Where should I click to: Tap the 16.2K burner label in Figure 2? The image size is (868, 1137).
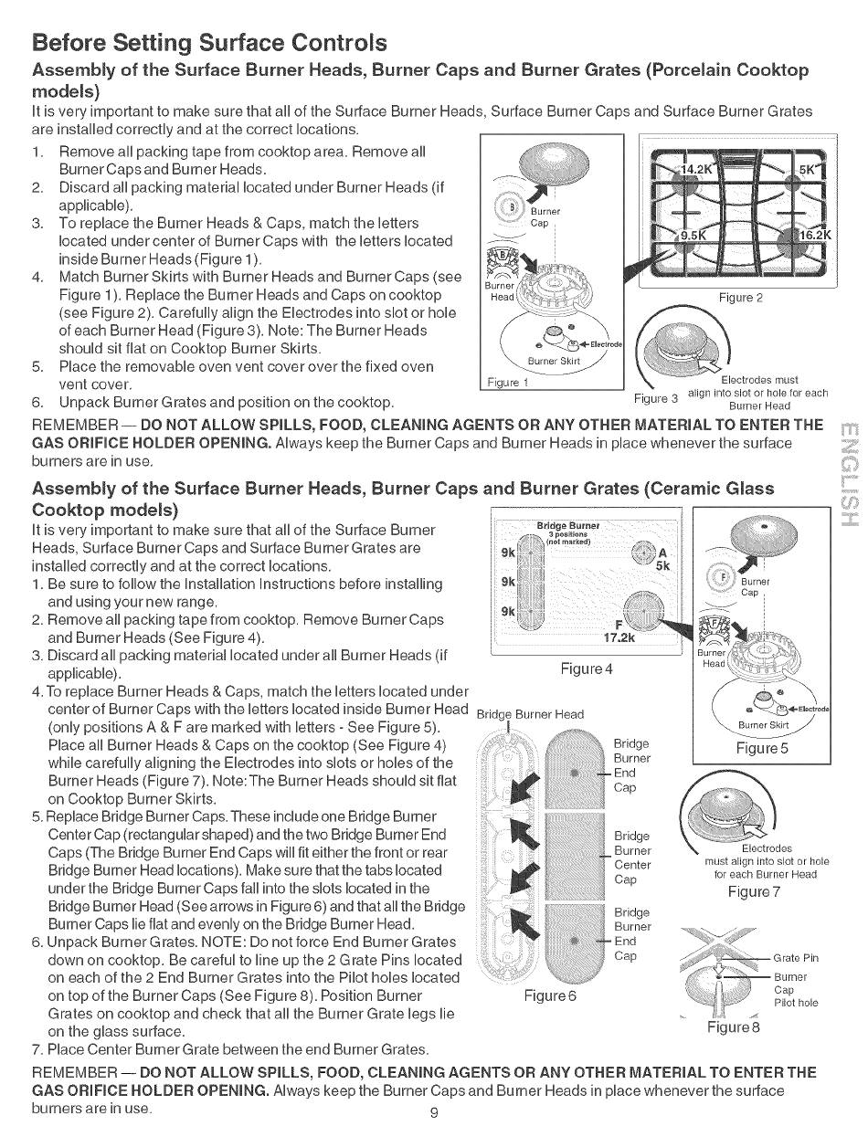(x=812, y=235)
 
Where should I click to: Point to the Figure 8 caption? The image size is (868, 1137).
(x=735, y=1026)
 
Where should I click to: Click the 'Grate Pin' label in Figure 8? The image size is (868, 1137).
(x=795, y=958)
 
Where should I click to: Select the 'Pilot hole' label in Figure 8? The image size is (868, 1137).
(x=796, y=1003)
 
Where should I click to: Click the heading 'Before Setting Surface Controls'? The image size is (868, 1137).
(x=209, y=43)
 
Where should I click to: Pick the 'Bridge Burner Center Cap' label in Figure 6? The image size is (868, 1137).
(x=632, y=858)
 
